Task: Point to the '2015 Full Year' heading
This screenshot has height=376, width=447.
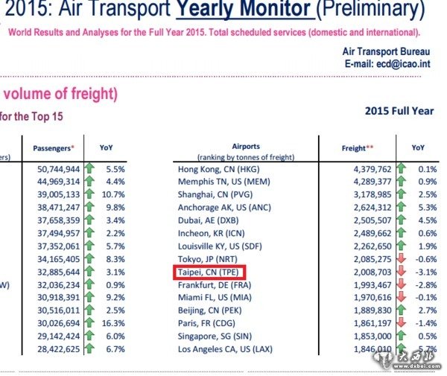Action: point(399,111)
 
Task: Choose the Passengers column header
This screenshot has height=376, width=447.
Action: point(55,148)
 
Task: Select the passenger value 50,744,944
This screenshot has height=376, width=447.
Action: point(58,169)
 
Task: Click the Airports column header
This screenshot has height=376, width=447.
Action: point(246,147)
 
